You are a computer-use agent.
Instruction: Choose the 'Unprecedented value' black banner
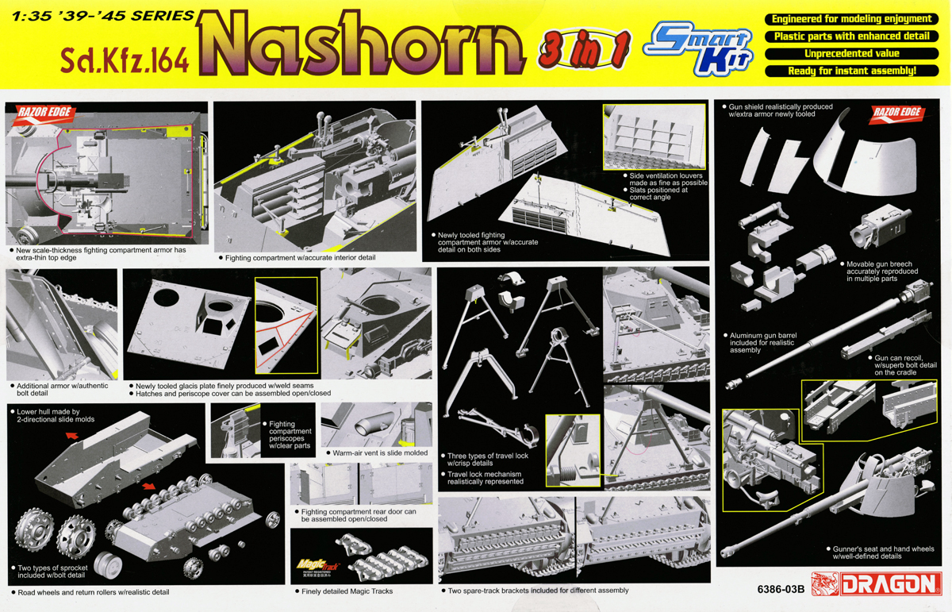pyautogui.click(x=852, y=54)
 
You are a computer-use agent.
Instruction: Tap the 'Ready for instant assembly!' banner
pyautogui.click(x=852, y=71)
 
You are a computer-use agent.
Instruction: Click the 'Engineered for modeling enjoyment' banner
pyautogui.click(x=852, y=19)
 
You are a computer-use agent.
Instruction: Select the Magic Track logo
pyautogui.click(x=317, y=565)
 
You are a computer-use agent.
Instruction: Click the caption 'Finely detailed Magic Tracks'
pyautogui.click(x=346, y=591)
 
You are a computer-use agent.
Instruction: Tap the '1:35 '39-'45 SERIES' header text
pyautogui.click(x=99, y=16)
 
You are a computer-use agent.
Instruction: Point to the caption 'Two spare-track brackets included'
pyautogui.click(x=537, y=591)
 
